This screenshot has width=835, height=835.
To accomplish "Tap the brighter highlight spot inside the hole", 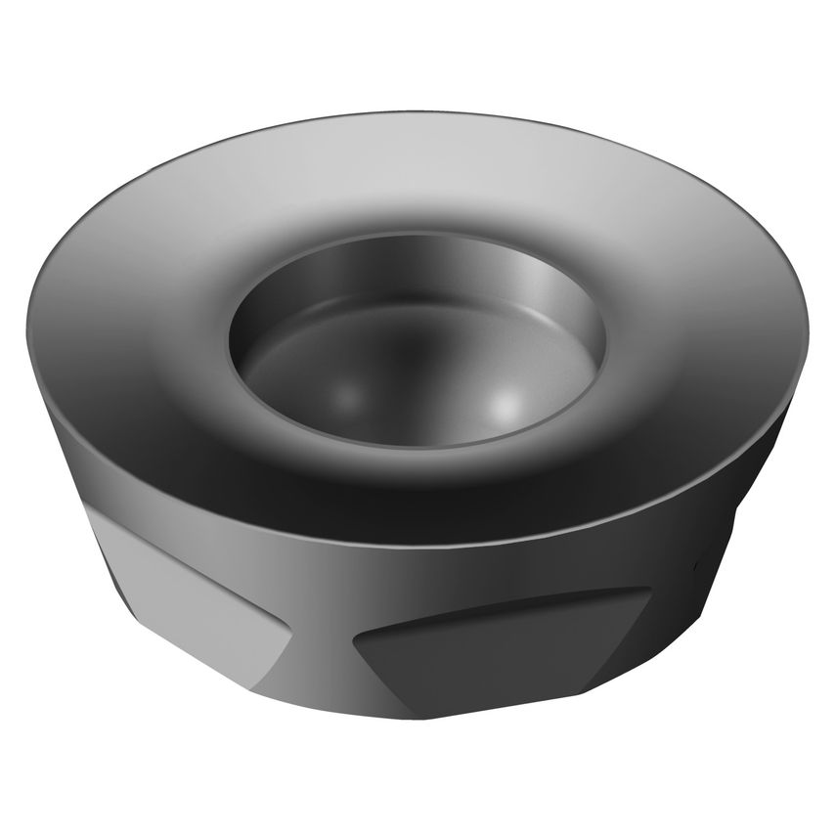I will (505, 402).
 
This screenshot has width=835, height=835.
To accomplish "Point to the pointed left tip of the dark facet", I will (354, 640).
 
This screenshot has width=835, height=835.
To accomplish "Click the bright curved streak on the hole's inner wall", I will (548, 293).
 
